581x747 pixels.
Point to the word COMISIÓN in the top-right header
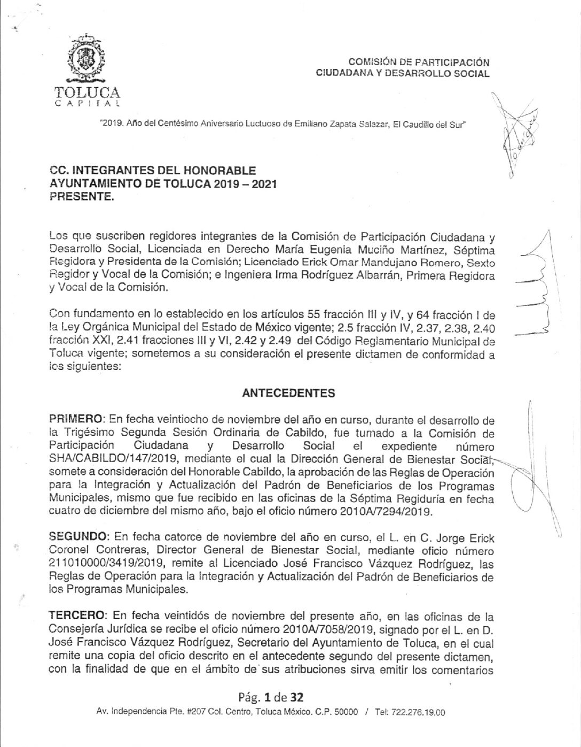pyautogui.click(x=371, y=63)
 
